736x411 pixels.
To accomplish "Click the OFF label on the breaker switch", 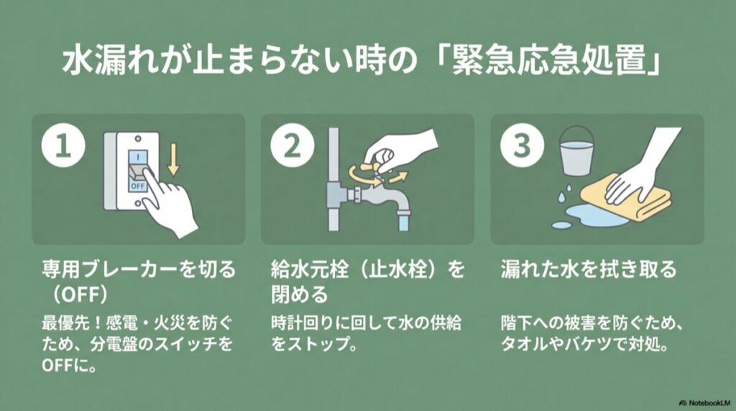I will [137, 184].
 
